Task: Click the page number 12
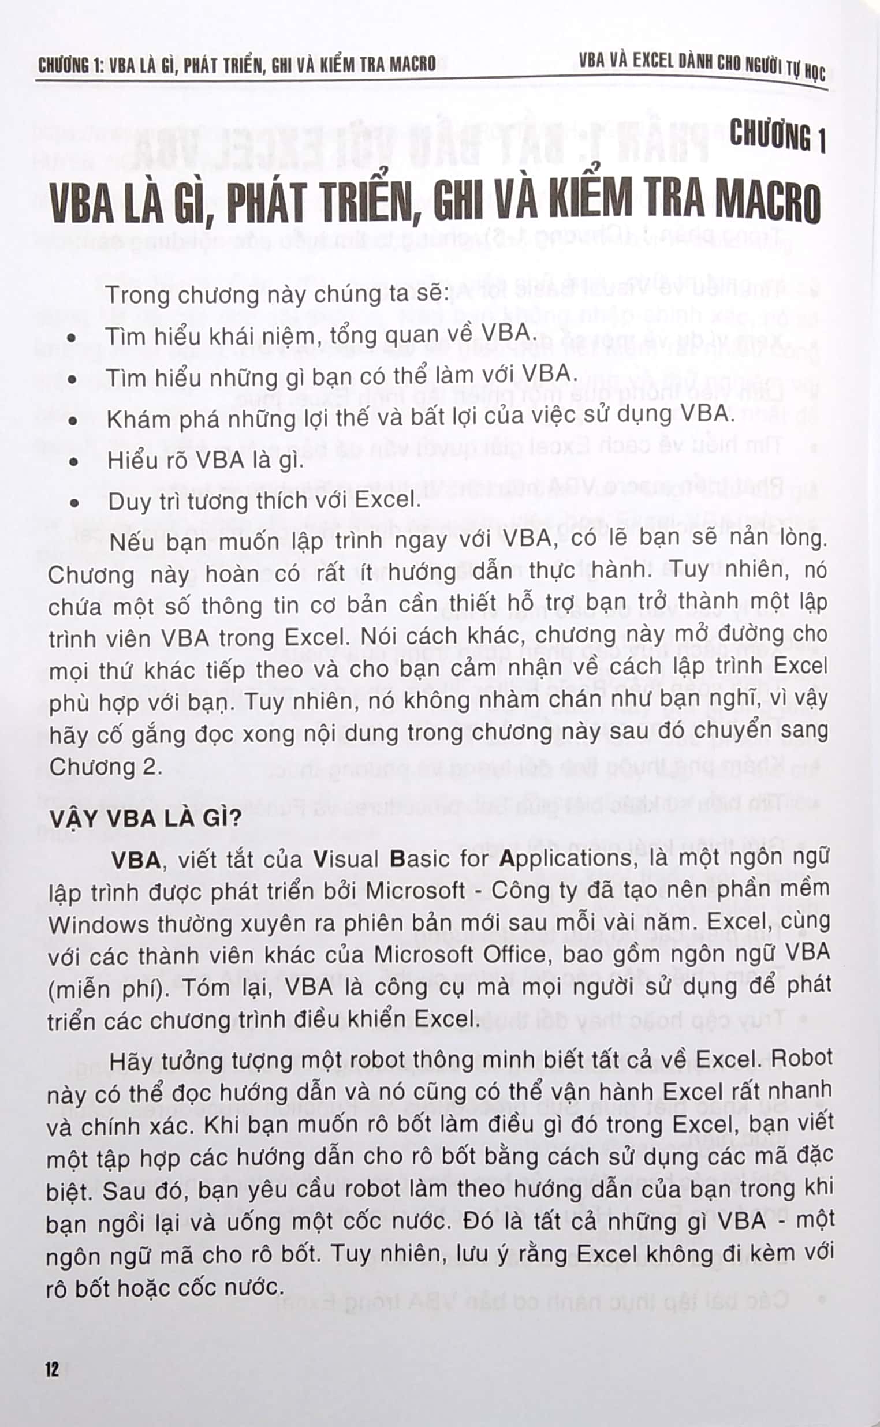[52, 1369]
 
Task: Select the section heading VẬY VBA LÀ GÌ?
[145, 819]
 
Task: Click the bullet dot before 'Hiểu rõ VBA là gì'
[73, 462]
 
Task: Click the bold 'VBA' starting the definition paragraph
[136, 860]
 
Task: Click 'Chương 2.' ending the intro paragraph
[105, 766]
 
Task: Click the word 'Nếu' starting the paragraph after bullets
[132, 541]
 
